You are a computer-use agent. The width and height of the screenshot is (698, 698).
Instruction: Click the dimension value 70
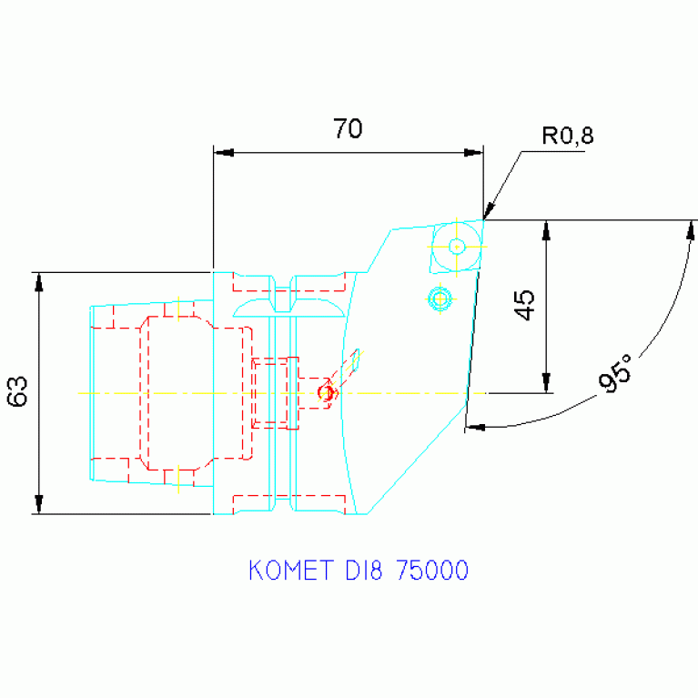click(347, 129)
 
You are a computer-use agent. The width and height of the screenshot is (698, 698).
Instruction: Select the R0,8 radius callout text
click(567, 137)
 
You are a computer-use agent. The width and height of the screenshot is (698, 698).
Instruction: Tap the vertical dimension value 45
click(522, 306)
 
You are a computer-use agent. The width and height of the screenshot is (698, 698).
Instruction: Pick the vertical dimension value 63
click(18, 392)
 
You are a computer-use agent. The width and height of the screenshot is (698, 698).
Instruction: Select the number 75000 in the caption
click(431, 571)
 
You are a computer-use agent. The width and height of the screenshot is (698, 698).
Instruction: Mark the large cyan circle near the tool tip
click(457, 246)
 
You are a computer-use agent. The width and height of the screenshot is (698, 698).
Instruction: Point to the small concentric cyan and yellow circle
click(440, 298)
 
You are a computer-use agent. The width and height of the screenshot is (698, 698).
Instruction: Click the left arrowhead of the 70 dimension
click(223, 152)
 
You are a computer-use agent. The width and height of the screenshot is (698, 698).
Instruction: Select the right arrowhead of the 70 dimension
click(473, 152)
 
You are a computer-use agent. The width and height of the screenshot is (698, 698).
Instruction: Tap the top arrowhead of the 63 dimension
click(39, 282)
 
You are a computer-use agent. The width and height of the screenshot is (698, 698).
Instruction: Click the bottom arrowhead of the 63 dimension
click(39, 504)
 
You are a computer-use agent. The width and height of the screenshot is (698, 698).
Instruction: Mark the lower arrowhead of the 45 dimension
click(545, 383)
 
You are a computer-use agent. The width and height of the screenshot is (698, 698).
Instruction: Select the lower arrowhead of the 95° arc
click(475, 426)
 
